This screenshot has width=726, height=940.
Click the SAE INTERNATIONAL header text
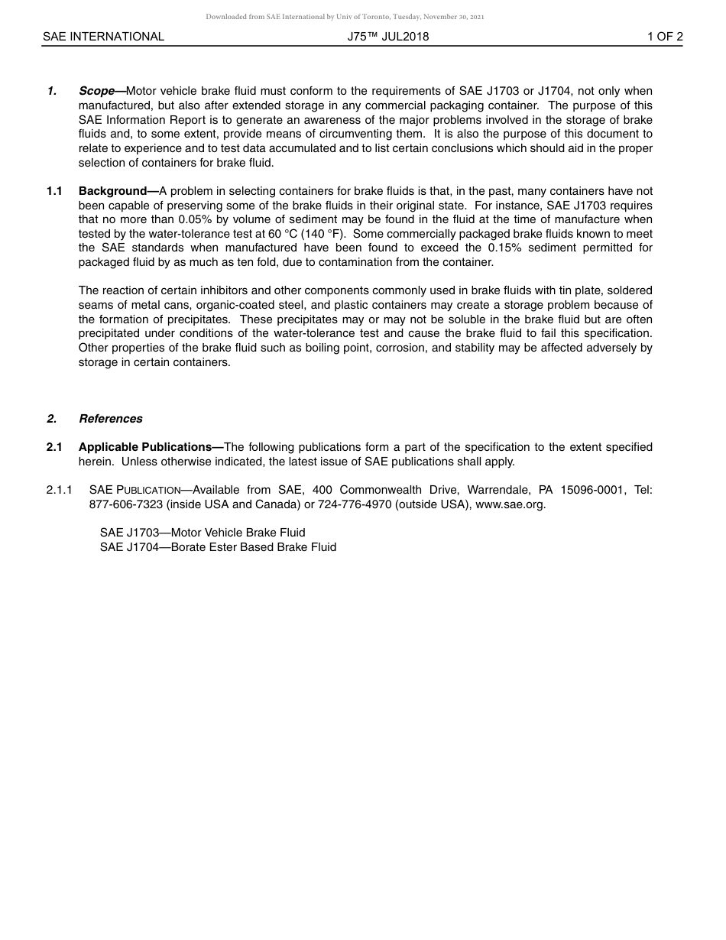pyautogui.click(x=103, y=37)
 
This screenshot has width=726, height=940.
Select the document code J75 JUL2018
pyautogui.click(x=387, y=37)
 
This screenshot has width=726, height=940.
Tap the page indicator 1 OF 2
pyautogui.click(x=664, y=37)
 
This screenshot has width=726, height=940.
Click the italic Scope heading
pyautogui.click(x=97, y=91)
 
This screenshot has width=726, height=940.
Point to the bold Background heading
pyautogui.click(x=113, y=191)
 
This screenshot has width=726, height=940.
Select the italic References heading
pyautogui.click(x=110, y=419)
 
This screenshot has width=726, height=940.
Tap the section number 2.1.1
pyautogui.click(x=59, y=490)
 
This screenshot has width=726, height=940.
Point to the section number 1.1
pyautogui.click(x=54, y=191)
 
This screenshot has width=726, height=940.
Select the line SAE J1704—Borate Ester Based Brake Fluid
pyautogui.click(x=218, y=547)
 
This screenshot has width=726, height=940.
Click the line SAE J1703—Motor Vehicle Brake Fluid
pyautogui.click(x=203, y=533)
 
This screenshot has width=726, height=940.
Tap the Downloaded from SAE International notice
pyautogui.click(x=345, y=17)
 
